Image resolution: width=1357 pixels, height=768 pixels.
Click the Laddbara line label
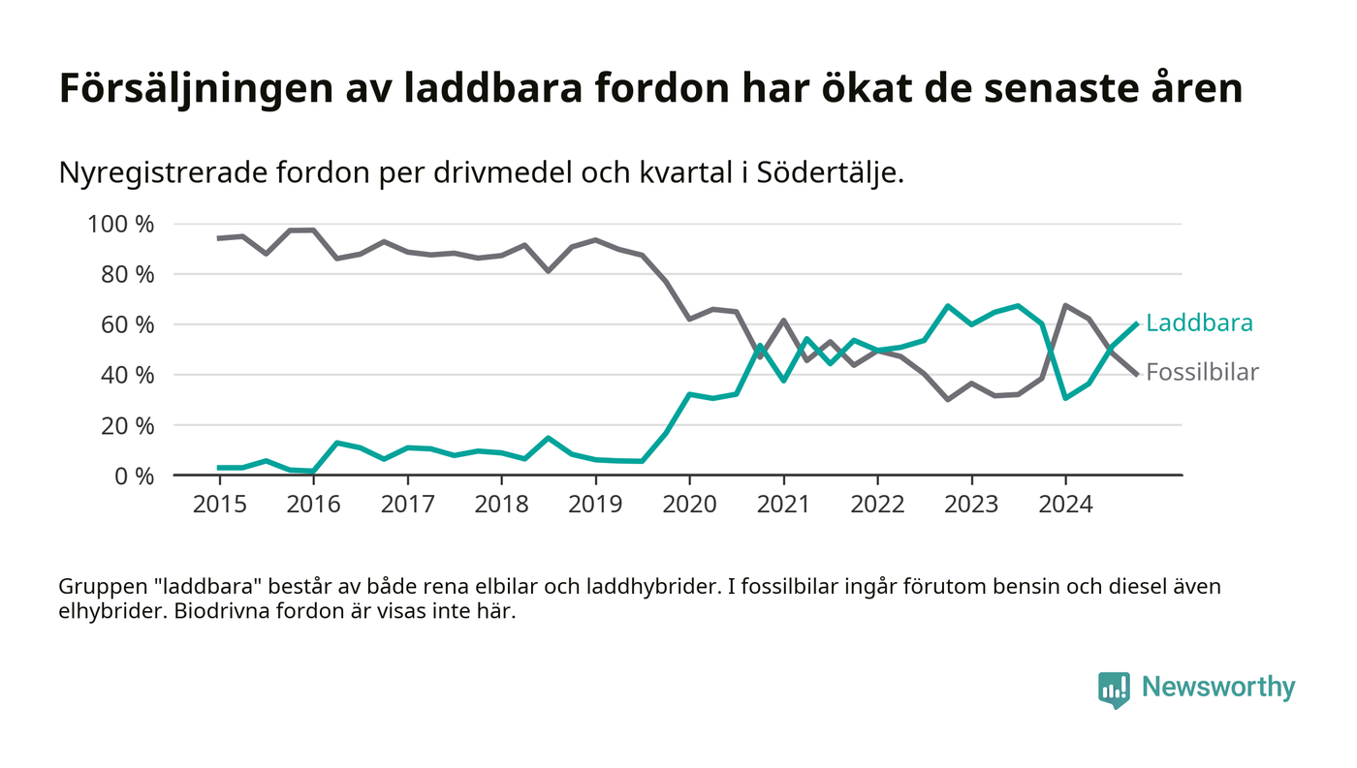tap(1199, 323)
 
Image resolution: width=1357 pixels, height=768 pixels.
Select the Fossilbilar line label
tap(1202, 373)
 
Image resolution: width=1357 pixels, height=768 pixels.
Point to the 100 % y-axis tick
tap(121, 225)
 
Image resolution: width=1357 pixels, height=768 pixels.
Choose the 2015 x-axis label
tap(219, 506)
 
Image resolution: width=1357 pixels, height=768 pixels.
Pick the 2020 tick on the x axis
tap(689, 506)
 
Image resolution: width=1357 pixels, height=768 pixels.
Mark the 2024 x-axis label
tap(1065, 506)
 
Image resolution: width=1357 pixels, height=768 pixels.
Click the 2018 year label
tap(501, 506)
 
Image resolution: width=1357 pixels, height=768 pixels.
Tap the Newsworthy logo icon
tap(1114, 689)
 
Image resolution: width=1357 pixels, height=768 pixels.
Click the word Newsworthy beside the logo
tap(1218, 688)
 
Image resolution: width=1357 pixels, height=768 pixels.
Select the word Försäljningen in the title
tap(190, 89)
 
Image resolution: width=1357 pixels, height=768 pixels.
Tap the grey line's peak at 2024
tap(1065, 306)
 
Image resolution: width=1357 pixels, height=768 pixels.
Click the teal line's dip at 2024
tap(1065, 398)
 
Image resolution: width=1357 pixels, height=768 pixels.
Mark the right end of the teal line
tap(1136, 324)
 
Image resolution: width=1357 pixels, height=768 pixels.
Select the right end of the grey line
tap(1136, 374)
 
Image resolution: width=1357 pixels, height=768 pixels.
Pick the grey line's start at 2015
tap(219, 238)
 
